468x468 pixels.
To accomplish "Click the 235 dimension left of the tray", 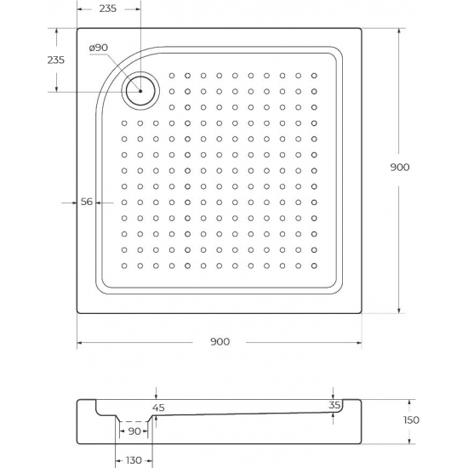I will point(55,60).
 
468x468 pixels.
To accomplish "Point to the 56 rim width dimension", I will point(86,202).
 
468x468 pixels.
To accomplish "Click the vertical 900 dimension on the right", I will point(400,168).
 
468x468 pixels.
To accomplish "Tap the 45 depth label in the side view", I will point(157,408).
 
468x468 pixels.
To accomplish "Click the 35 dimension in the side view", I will point(334,406).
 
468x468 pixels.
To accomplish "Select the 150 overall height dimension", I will point(412,420).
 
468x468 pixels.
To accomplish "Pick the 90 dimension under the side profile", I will point(134,432).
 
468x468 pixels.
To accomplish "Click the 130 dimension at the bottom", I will point(134,460).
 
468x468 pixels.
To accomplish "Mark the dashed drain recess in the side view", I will point(133,421).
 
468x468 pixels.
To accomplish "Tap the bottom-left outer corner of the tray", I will point(78,314).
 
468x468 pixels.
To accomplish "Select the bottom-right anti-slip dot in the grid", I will point(314,265).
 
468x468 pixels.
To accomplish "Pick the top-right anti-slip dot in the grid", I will point(314,75).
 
